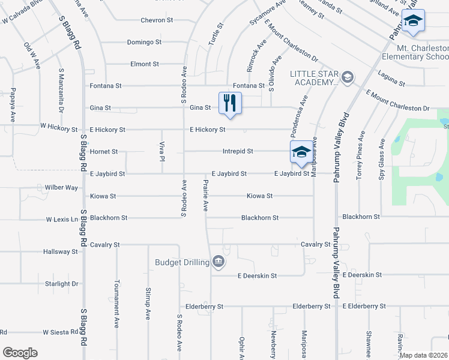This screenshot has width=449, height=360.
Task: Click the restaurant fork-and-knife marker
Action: pyautogui.click(x=230, y=103)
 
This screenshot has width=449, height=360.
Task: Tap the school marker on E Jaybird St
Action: pyautogui.click(x=301, y=152)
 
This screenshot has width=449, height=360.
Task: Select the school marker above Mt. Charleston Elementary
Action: pyautogui.click(x=412, y=20)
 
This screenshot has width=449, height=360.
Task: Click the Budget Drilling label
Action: pyautogui.click(x=182, y=262)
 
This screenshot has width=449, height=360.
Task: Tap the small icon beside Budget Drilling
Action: pyautogui.click(x=218, y=262)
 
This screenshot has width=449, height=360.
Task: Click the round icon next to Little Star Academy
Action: pyautogui.click(x=347, y=77)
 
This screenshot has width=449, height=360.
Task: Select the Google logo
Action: pyautogui.click(x=20, y=352)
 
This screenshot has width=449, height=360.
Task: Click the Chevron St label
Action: pyautogui.click(x=157, y=20)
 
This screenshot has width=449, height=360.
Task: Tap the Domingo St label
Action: pyautogui.click(x=144, y=42)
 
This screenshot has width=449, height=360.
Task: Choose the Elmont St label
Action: pyautogui.click(x=145, y=64)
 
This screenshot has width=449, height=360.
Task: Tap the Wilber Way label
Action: pyautogui.click(x=61, y=188)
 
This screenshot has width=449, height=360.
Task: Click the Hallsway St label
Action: pyautogui.click(x=61, y=252)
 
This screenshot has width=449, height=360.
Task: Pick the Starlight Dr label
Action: pyautogui.click(x=61, y=284)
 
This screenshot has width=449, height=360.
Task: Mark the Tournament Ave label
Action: pyautogui.click(x=116, y=304)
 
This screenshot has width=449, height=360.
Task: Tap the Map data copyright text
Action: pyautogui.click(x=422, y=355)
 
